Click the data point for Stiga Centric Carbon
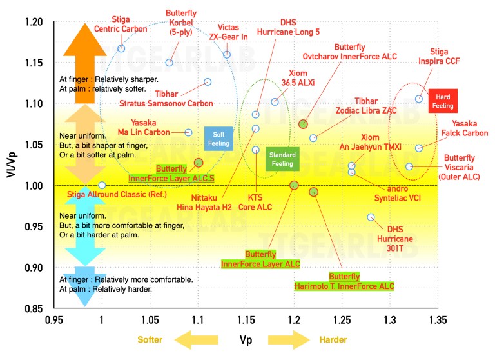121,48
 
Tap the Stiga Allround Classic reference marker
102,185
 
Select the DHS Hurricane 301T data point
371,217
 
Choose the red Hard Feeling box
443,101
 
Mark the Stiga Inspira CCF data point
419,99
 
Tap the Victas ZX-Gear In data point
227,55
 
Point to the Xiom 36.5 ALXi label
302,78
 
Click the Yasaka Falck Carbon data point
419,148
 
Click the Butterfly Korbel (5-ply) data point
170,63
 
